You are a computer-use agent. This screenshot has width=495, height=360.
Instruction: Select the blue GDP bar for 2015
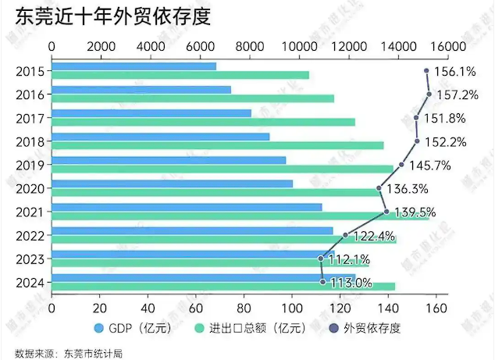(x=134, y=66)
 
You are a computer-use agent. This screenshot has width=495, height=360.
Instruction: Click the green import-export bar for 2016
(x=192, y=98)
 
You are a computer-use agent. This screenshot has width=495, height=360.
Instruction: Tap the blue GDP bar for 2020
(x=172, y=184)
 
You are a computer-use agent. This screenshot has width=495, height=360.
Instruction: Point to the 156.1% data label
(x=454, y=72)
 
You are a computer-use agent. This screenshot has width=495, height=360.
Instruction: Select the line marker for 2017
(x=416, y=118)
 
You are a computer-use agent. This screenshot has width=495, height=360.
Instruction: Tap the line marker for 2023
(x=321, y=258)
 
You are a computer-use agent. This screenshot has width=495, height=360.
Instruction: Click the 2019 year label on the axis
(x=30, y=165)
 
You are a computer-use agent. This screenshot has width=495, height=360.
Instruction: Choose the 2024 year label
(x=30, y=283)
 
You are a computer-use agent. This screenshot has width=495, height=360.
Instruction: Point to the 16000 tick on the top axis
(x=447, y=47)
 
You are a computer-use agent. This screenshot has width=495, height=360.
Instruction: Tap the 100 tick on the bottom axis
(x=291, y=308)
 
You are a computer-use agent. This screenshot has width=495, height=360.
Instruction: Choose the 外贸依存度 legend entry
(x=366, y=328)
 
